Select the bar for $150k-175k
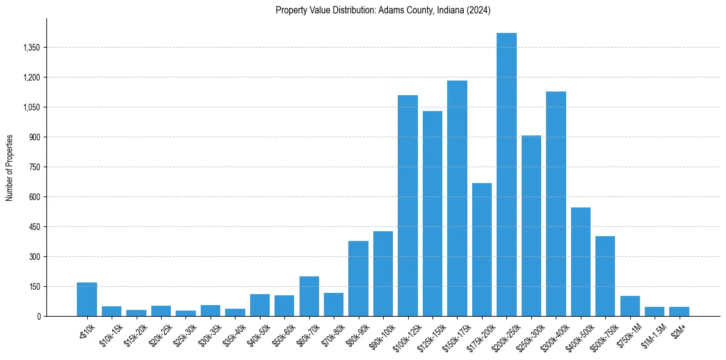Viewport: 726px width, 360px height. [457, 198]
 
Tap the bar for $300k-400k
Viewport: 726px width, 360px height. [556, 204]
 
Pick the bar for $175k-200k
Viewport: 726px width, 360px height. [482, 250]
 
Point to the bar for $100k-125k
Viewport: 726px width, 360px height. [408, 206]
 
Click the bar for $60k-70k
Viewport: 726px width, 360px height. [309, 297]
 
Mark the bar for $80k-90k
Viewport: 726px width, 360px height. [358, 279]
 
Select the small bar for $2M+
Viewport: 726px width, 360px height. [679, 312]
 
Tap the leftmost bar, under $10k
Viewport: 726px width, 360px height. [87, 300]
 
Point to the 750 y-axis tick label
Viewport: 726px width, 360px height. [34, 167]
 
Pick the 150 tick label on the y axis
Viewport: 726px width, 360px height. [34, 287]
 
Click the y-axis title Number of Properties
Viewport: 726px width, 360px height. [10, 167]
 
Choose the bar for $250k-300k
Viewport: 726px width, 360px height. [531, 226]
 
